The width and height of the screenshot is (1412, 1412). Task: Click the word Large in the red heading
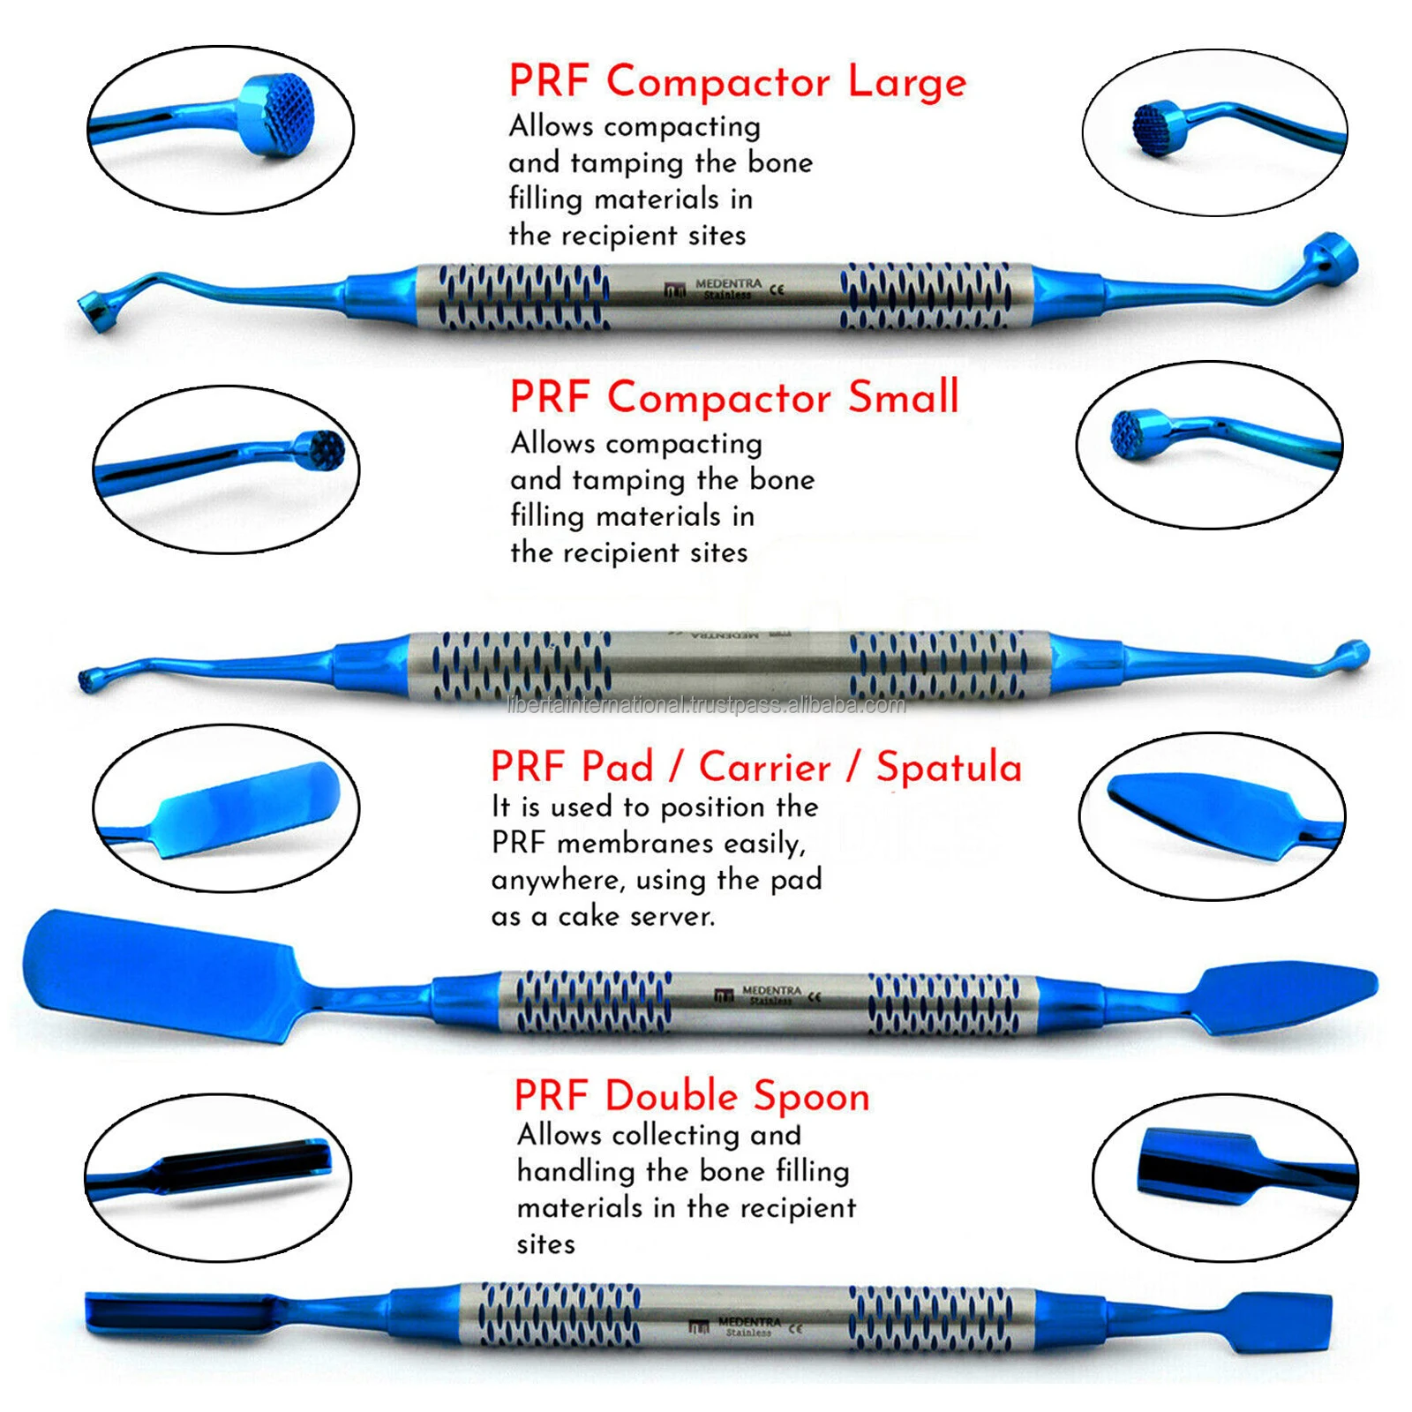click(x=907, y=82)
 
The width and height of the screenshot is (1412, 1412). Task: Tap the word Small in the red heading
click(x=903, y=397)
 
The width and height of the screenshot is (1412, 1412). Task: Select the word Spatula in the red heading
click(x=949, y=767)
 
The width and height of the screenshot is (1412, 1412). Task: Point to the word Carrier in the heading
click(x=764, y=767)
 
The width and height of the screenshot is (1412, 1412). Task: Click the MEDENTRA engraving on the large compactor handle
click(x=727, y=283)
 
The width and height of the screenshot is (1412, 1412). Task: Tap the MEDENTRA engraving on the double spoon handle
click(x=749, y=1321)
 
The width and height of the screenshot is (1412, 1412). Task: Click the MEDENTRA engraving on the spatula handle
click(x=772, y=991)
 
